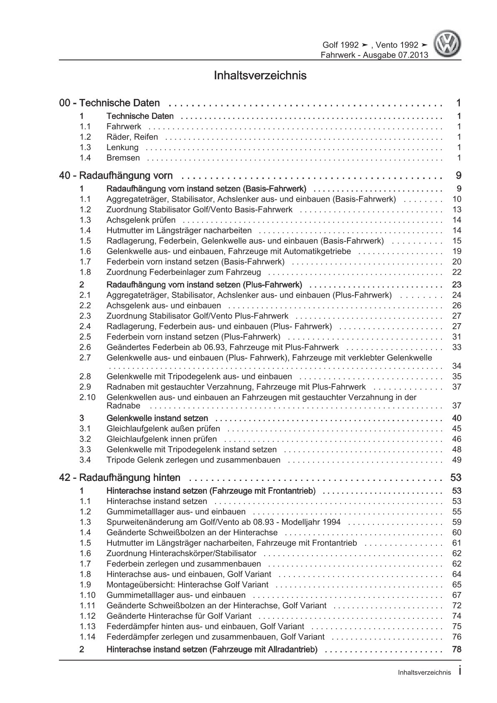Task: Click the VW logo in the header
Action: tap(447, 45)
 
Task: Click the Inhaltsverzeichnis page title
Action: tap(260, 76)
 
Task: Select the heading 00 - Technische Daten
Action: tap(110, 103)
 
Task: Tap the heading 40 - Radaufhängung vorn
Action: tap(116, 176)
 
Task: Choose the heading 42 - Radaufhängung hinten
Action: tap(120, 478)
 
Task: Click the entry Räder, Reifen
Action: tap(132, 137)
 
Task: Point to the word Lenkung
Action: tap(122, 147)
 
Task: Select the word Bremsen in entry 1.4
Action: tap(123, 158)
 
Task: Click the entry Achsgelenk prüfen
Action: tap(141, 220)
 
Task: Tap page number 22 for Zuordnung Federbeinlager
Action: tap(456, 272)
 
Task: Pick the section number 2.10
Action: tap(87, 397)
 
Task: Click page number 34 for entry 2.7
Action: tap(456, 366)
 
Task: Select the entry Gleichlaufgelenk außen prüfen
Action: tap(163, 429)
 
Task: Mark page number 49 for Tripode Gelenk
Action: tap(456, 460)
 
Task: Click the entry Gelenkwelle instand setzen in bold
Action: tap(157, 418)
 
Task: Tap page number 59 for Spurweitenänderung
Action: tap(456, 522)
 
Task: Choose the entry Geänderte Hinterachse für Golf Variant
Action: tap(179, 616)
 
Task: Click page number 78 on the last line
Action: tap(456, 650)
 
